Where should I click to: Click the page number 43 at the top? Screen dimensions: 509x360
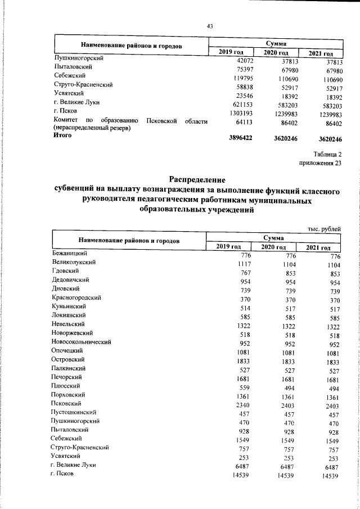[x=210, y=26]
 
